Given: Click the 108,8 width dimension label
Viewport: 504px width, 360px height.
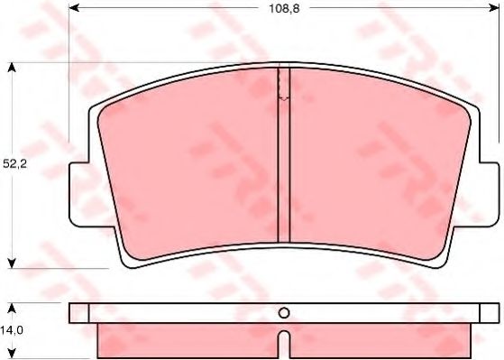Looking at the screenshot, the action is click(284, 9).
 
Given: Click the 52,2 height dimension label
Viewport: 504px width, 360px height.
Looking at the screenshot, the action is click(14, 164).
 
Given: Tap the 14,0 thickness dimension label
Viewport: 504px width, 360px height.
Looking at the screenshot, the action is click(12, 330).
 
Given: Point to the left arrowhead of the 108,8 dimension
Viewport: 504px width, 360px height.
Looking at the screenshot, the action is click(74, 8).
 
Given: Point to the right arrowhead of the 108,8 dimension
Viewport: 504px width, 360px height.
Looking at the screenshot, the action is click(493, 8).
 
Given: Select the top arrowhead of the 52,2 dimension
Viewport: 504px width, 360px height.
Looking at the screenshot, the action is click(12, 68).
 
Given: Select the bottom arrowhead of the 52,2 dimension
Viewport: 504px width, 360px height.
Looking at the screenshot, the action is click(12, 263).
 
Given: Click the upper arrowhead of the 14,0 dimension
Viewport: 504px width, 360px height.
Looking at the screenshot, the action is click(12, 309).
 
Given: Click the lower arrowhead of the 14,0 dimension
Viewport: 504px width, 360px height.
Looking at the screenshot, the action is click(12, 354).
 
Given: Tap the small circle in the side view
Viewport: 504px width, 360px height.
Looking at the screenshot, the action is click(284, 313).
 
